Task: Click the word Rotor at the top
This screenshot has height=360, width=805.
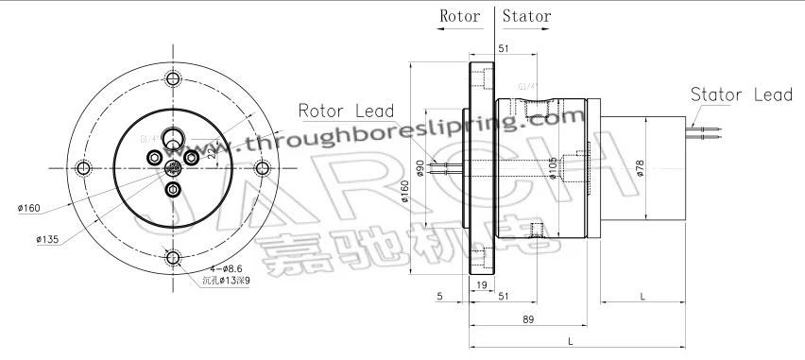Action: point(460,16)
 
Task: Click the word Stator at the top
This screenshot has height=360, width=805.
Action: point(527,16)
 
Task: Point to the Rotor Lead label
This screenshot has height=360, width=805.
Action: point(346,111)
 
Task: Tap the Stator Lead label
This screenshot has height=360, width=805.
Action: point(741,95)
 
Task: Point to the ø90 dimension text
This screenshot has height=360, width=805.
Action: point(420,169)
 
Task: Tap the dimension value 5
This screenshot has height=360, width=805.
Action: point(441,296)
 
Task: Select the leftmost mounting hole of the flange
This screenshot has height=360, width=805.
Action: point(83,168)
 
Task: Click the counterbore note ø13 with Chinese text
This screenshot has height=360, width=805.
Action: point(227,282)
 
